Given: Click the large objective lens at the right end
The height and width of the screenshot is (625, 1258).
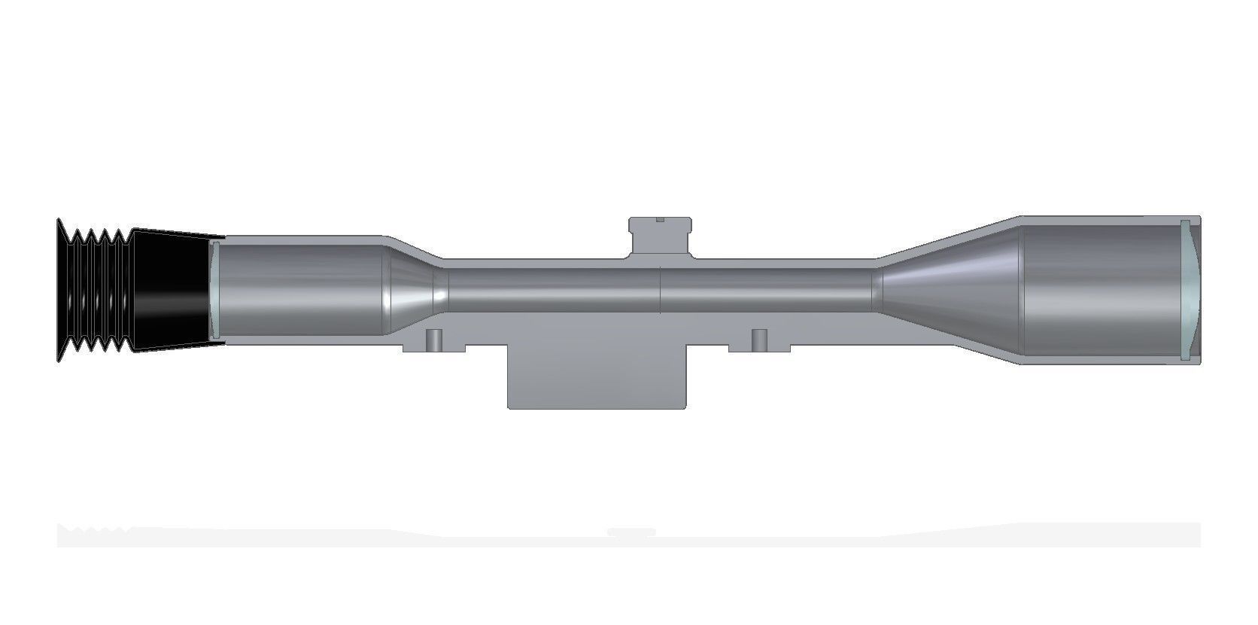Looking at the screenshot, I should tap(1187, 290).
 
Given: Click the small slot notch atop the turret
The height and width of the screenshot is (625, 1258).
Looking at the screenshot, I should tap(660, 220).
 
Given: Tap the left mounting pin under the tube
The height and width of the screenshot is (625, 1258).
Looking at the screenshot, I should tap(433, 340).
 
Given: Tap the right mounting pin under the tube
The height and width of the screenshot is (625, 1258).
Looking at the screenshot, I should tap(759, 340).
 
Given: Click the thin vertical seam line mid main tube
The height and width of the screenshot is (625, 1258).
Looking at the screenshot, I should tap(660, 291).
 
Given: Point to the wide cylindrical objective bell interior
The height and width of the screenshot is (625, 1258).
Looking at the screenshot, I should tap(1098, 290).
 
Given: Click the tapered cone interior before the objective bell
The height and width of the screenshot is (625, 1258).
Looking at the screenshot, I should tap(948, 290).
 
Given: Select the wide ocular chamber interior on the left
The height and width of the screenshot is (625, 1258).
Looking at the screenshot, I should tap(301, 290).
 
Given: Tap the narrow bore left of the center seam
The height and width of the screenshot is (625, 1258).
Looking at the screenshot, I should tap(553, 291).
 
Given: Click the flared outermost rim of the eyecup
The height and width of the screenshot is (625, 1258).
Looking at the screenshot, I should tap(60, 290).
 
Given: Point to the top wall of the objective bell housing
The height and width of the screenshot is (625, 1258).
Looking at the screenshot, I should tap(1098, 220).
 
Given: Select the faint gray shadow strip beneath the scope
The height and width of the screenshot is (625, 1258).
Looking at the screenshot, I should tap(628, 535).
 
